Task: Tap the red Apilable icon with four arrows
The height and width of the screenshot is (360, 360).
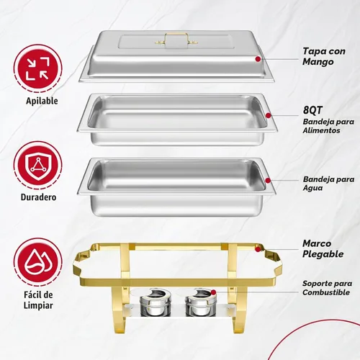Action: (38, 68)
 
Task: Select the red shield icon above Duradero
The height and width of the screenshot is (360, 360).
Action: (38, 166)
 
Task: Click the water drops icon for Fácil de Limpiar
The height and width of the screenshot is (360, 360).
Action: (38, 262)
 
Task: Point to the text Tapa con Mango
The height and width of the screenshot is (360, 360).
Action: (324, 56)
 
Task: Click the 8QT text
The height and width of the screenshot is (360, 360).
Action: (312, 110)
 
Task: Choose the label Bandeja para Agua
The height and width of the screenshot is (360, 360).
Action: (328, 184)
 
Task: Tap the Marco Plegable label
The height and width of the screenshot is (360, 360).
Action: (323, 249)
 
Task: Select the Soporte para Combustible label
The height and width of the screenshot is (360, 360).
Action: (327, 288)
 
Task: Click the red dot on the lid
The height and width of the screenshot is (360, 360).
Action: (258, 59)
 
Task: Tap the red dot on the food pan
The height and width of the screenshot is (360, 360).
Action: (269, 115)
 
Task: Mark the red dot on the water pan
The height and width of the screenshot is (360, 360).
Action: (268, 181)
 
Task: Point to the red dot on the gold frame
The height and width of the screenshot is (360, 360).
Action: (258, 249)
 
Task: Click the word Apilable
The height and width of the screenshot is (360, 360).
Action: (42, 101)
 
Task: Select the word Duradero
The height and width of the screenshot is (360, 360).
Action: (38, 197)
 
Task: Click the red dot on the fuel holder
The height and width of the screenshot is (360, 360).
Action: (213, 292)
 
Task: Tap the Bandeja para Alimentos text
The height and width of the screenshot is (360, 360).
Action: (328, 126)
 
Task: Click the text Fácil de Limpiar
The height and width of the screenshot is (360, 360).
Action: (38, 300)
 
